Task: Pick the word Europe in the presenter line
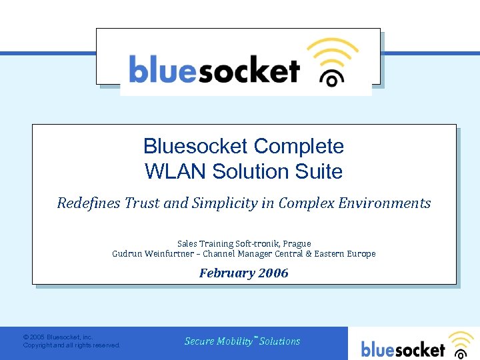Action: click(361, 254)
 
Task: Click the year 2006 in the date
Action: click(273, 273)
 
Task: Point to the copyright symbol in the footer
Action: click(25, 338)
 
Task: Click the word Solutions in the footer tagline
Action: click(280, 341)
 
